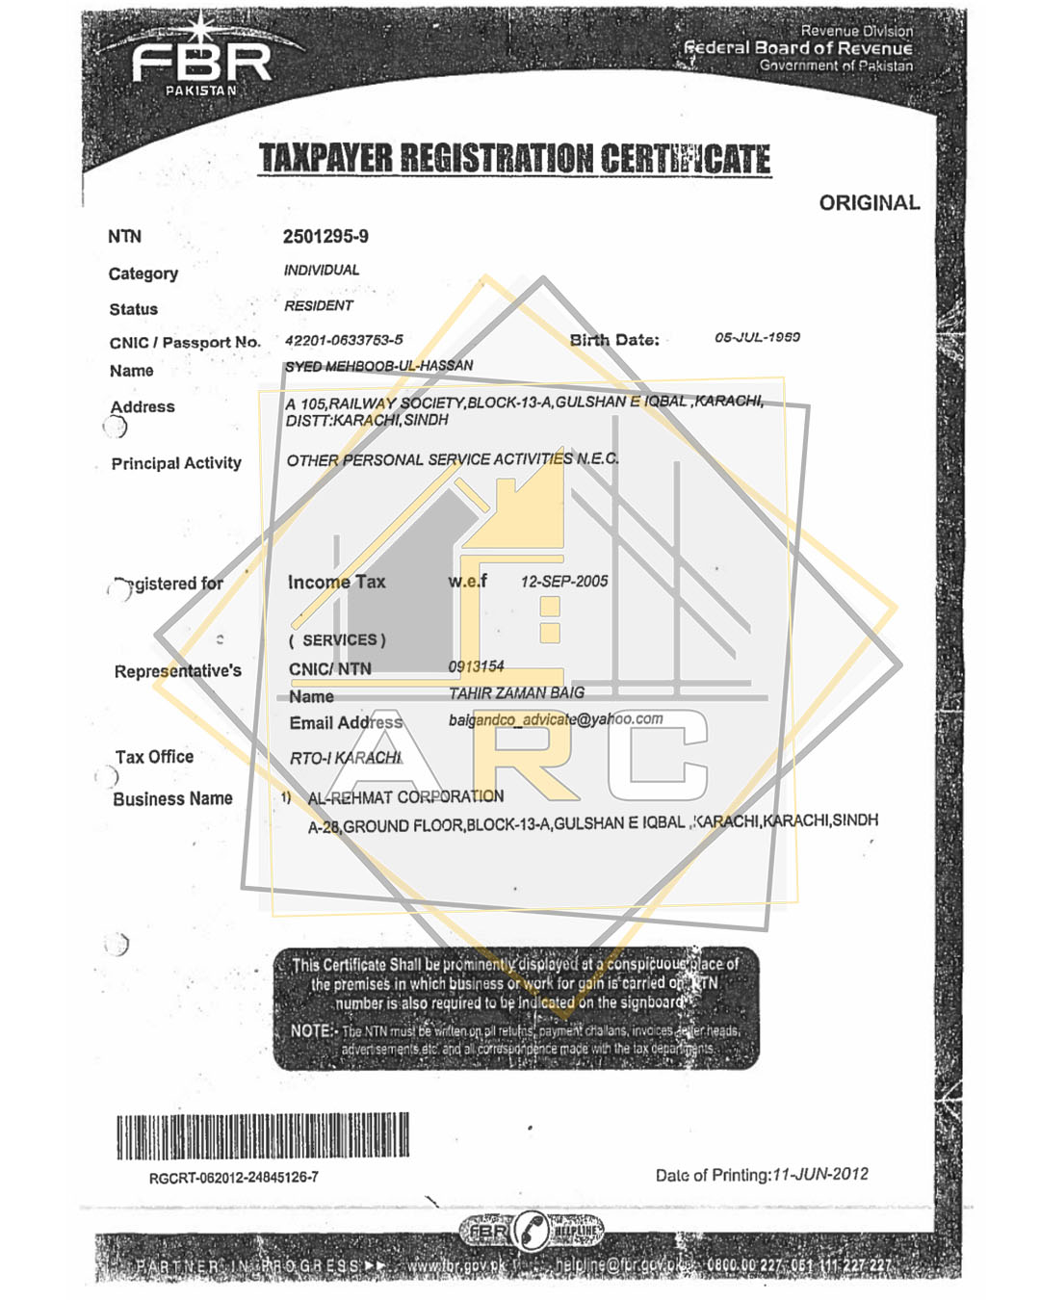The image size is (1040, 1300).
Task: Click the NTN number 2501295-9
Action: (325, 237)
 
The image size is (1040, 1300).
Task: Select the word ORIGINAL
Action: (869, 203)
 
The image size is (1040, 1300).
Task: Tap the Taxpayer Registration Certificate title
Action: (515, 159)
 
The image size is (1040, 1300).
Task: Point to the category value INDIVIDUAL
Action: (322, 271)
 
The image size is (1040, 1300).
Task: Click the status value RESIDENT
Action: (319, 306)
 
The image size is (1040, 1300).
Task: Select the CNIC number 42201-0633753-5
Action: (344, 340)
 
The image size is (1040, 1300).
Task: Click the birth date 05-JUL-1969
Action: (757, 337)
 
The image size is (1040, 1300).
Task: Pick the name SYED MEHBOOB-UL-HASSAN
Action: (378, 366)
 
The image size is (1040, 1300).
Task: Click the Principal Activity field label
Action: (176, 463)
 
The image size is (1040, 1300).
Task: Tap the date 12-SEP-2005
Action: (564, 582)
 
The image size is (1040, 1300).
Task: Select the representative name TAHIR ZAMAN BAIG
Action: (516, 693)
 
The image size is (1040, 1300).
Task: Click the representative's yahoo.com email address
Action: (556, 719)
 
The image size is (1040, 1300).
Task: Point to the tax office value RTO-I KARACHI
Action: (346, 758)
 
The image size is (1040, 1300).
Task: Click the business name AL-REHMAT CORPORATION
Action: (405, 797)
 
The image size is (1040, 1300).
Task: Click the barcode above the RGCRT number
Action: (263, 1136)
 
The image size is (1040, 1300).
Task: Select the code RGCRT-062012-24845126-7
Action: (234, 1178)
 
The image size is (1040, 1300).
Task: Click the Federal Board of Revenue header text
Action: (797, 48)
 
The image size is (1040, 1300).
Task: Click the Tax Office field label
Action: (154, 757)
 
